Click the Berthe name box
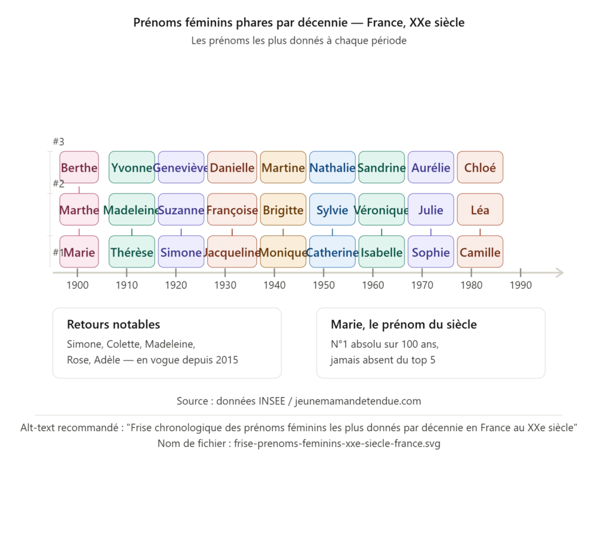tap(79, 168)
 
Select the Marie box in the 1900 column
tap(79, 252)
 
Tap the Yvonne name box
tap(132, 168)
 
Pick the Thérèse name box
tap(132, 252)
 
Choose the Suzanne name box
tap(181, 210)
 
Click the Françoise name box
tap(232, 210)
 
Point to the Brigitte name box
tap(283, 210)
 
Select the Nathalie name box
tap(332, 168)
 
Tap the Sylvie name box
tap(332, 210)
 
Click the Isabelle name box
tap(381, 252)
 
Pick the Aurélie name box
tap(431, 168)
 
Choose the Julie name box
tap(431, 210)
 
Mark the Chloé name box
tap(480, 168)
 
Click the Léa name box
tap(480, 210)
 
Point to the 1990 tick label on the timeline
tap(520, 285)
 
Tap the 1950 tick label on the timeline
tap(324, 285)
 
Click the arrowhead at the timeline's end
tap(559, 273)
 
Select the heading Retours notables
tap(113, 325)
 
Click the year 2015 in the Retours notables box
tap(226, 360)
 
